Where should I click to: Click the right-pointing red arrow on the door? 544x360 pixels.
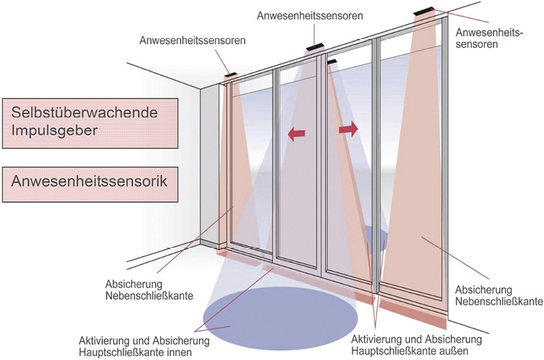[x=348, y=130]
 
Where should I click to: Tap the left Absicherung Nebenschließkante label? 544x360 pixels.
[x=150, y=290]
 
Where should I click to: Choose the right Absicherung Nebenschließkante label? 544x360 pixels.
[x=498, y=294]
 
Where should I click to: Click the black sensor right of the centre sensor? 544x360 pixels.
[x=332, y=59]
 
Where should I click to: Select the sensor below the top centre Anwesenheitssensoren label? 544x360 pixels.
[x=312, y=49]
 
